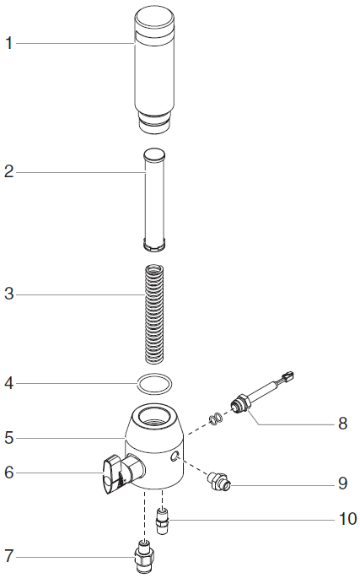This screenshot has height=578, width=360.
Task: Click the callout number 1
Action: tap(8, 44)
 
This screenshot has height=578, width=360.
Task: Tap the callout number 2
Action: tap(8, 172)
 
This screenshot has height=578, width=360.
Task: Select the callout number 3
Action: tap(8, 294)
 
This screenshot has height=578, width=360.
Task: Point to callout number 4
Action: tap(8, 383)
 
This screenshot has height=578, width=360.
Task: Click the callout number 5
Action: tap(8, 438)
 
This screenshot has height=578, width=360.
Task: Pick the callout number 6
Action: tap(8, 473)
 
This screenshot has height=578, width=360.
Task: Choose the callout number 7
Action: tap(8, 556)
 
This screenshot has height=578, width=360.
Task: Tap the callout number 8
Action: tap(342, 424)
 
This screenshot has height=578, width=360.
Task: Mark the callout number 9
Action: tap(342, 483)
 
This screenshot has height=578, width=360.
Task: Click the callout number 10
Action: tap(347, 519)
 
